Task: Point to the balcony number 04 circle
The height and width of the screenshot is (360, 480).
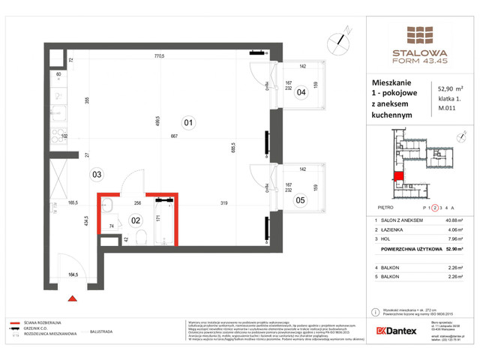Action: (301, 93)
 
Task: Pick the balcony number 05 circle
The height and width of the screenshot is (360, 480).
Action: (301, 199)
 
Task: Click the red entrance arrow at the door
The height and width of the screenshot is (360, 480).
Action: (73, 298)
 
